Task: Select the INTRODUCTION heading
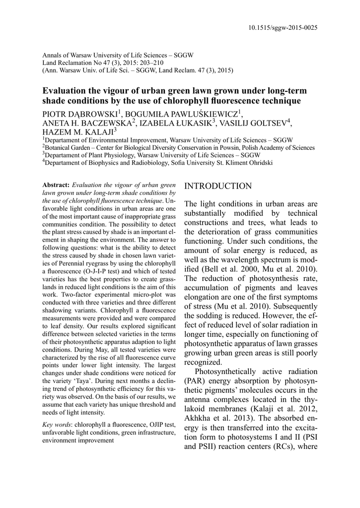(x=218, y=186)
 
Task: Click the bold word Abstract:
(x=57, y=185)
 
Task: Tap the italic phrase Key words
(x=57, y=424)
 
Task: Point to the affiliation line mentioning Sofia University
(x=158, y=162)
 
